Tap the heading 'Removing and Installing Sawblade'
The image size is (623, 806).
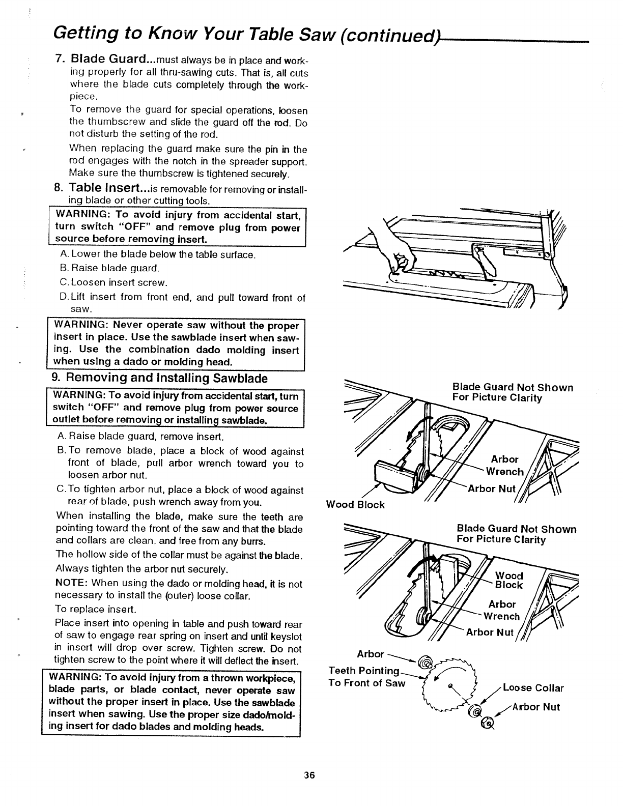(159, 378)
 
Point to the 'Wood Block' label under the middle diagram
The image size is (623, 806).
(355, 505)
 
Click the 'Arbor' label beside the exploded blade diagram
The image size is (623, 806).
(371, 653)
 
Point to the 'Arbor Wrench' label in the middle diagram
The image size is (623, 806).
(504, 465)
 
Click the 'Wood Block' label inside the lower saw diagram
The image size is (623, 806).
(509, 580)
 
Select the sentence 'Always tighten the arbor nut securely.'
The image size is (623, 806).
(142, 568)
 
